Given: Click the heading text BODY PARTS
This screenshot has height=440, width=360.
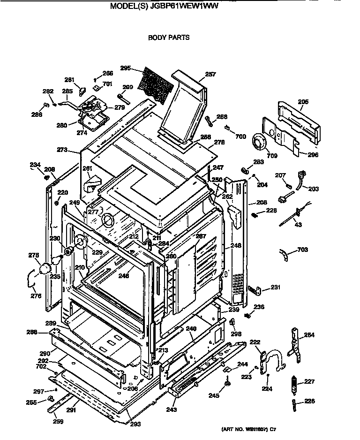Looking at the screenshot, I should point(169,38).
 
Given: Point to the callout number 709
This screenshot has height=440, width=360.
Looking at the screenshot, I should point(272,155).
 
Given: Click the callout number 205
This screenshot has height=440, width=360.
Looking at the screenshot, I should point(303,101).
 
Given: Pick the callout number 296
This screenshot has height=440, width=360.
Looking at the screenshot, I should point(313,154).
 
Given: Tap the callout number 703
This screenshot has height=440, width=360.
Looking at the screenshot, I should point(302,250).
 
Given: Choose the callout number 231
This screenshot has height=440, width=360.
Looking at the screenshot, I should point(275,288).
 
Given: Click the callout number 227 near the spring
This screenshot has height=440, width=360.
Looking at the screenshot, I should point(309,381).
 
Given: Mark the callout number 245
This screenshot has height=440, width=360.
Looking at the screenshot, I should point(214,395).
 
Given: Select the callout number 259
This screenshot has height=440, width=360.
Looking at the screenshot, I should point(59,421).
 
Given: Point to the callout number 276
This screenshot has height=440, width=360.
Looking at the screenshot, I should point(36,296).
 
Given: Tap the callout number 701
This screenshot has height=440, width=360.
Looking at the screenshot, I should point(107,84).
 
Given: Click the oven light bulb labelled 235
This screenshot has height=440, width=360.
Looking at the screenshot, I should point(46,268).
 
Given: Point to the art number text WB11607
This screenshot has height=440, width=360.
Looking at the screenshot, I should point(248,429).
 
